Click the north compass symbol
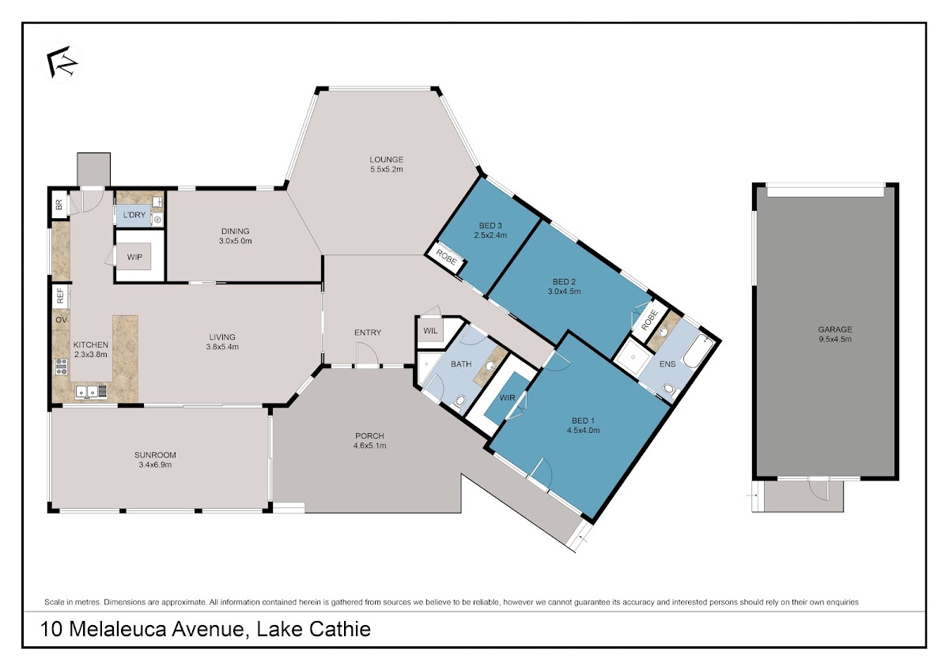(x=62, y=62)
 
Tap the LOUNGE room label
(x=386, y=160)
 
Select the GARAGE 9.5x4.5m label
(x=834, y=334)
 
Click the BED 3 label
(x=490, y=226)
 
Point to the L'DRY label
(x=134, y=215)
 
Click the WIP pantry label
(x=134, y=257)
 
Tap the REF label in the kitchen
(x=60, y=295)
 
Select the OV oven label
(x=62, y=320)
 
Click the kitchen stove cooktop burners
(x=62, y=367)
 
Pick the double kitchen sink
(x=91, y=392)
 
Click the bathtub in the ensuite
(x=698, y=351)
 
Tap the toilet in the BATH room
(x=459, y=400)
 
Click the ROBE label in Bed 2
(x=649, y=320)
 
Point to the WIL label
(x=430, y=330)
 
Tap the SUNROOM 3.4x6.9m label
(x=155, y=460)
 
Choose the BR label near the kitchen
(x=59, y=205)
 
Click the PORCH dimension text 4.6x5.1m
(x=369, y=446)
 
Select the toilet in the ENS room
(x=669, y=389)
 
